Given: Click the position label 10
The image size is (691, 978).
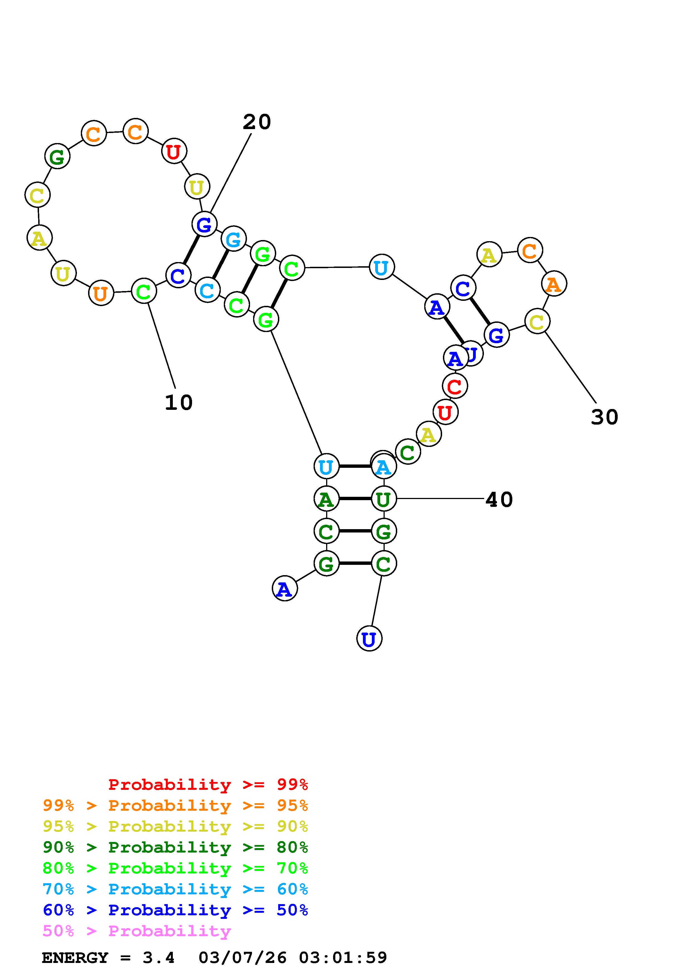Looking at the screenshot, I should pos(178,403).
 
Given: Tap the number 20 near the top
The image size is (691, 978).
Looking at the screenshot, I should pos(257,122).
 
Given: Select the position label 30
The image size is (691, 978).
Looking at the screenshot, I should pos(604,417).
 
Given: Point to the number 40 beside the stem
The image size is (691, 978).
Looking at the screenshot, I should pos(499,500).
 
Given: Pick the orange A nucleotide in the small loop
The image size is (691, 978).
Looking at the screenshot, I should pos(554,284).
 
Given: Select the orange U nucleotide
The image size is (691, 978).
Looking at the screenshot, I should pos(101,294).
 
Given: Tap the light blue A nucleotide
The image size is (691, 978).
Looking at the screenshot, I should pos(384,467).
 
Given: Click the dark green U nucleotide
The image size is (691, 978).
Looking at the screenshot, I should pos(384,499).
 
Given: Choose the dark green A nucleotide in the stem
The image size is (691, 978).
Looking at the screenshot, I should pos(326,499).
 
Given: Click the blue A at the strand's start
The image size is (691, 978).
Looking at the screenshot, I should pos(284,589).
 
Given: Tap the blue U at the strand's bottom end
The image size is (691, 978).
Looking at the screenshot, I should pos(369,639).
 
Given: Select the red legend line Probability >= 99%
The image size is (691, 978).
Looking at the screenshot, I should pos(208,785).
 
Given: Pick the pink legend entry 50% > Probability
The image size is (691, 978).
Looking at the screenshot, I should pos(136,931).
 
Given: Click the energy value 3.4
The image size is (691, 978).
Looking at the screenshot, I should pos(158,958).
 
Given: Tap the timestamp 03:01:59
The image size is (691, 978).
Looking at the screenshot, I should pos(343,958).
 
